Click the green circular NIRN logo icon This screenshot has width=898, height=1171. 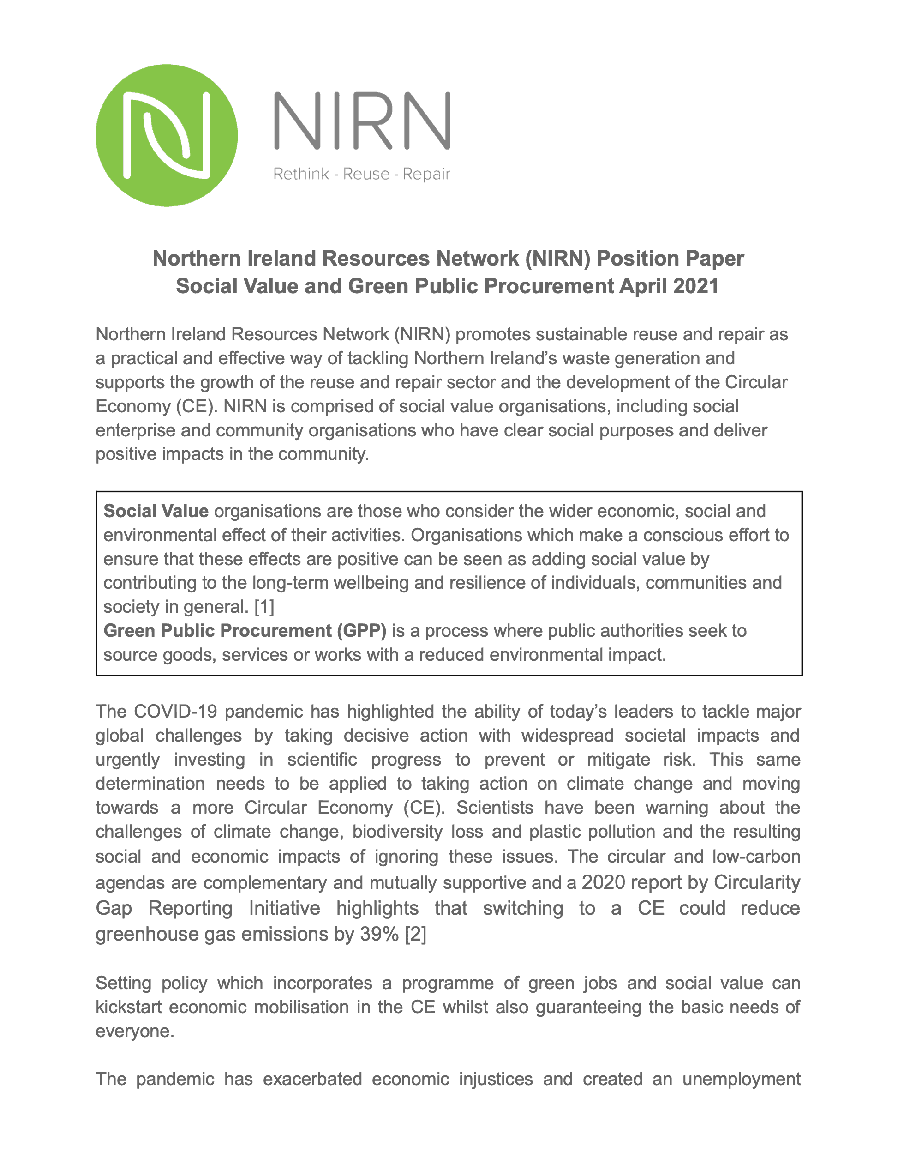coord(166,135)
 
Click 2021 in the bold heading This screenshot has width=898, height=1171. coord(695,286)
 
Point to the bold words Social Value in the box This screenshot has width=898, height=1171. coord(156,511)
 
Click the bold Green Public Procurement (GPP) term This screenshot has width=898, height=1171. coord(244,631)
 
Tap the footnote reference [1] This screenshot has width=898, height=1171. coord(264,607)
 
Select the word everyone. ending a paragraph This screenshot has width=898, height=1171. coord(135,1031)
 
